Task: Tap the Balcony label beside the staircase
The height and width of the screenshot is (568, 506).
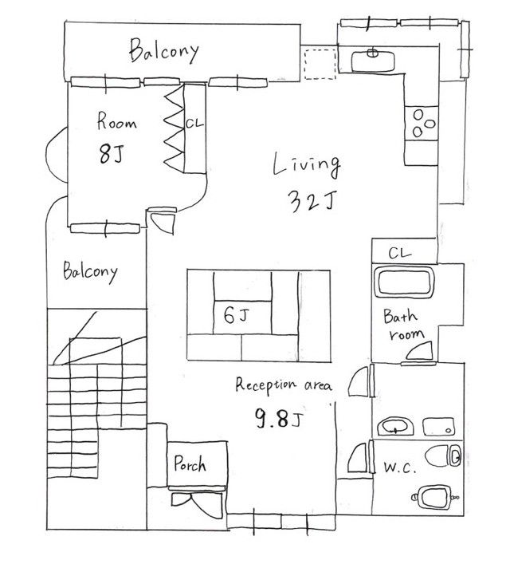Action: click(90, 271)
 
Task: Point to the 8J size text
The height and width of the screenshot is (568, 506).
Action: click(111, 153)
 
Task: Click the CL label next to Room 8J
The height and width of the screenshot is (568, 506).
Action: click(194, 124)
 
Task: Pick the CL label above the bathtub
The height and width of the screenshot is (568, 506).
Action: click(400, 253)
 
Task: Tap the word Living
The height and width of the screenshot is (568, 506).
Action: click(307, 166)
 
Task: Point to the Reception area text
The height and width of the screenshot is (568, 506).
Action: click(283, 385)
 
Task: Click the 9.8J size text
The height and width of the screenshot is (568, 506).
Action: click(279, 418)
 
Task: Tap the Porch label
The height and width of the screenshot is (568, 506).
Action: click(190, 463)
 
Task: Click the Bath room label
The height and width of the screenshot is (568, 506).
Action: click(403, 325)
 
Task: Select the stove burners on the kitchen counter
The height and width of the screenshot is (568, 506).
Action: click(422, 123)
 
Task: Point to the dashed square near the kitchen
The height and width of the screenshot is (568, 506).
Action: click(320, 64)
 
